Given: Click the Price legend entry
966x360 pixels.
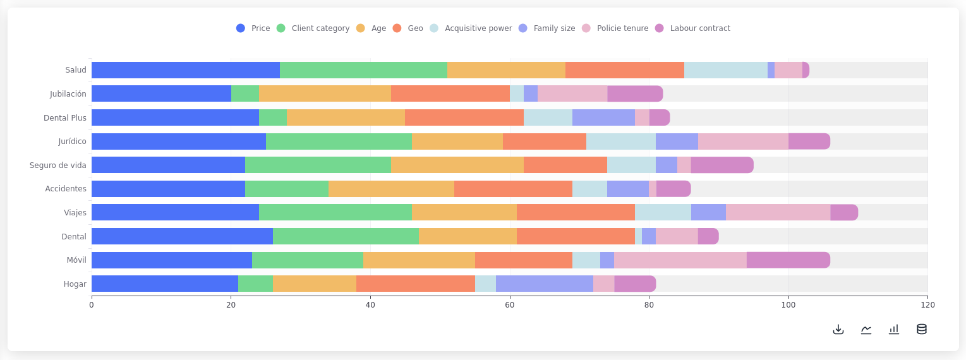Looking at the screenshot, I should [x=253, y=28].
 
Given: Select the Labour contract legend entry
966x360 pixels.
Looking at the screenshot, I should [x=692, y=28].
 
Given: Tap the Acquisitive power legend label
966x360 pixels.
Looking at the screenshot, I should [x=471, y=28].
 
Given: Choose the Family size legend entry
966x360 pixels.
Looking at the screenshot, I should [x=547, y=28].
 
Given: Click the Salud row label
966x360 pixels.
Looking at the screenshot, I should [x=76, y=70].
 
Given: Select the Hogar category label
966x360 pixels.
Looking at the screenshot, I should [x=75, y=284].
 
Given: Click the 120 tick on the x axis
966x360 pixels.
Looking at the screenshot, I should [x=927, y=305].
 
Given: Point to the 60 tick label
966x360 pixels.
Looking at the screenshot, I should [x=510, y=305].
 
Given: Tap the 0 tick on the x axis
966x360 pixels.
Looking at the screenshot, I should [x=92, y=305].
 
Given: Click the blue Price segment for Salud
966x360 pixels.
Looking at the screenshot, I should [x=186, y=70].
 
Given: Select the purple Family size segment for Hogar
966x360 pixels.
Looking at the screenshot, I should [x=545, y=284].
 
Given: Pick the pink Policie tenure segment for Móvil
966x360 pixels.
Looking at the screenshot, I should [x=680, y=260].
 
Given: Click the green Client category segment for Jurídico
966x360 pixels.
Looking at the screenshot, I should [x=339, y=141].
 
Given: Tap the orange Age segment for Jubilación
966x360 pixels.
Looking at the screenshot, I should [x=325, y=93].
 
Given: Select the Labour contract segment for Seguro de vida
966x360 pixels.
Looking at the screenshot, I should [x=722, y=165].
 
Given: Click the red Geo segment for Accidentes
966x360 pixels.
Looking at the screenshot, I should [x=513, y=189].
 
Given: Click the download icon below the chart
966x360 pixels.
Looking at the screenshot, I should [x=838, y=329].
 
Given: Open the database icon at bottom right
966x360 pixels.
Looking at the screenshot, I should [x=922, y=329].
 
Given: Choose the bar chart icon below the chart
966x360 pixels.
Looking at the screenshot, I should [x=894, y=329].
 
